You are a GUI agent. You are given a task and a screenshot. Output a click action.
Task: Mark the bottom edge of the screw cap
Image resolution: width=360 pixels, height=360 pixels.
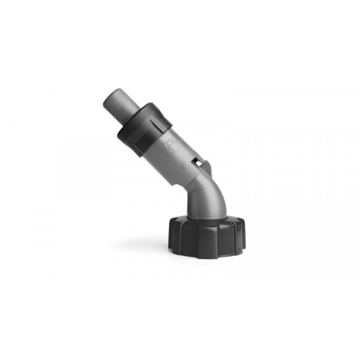pos(207,256)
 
